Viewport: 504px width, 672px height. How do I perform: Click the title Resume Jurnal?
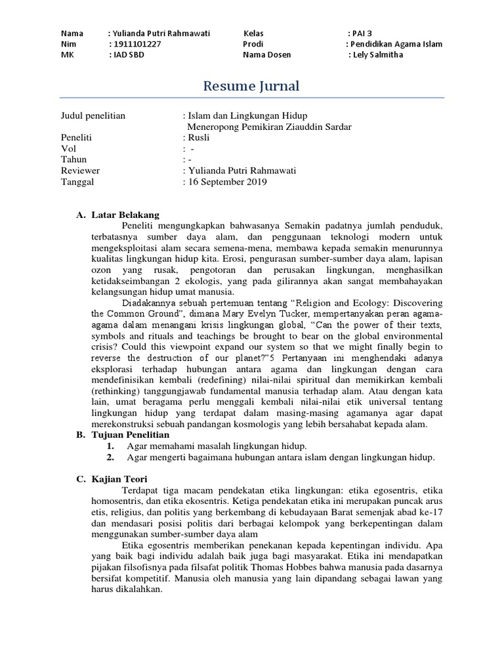[251, 85]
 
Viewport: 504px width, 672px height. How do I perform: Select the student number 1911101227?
[136, 44]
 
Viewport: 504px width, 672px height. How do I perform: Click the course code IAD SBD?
[128, 54]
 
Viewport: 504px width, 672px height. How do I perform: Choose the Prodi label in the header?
[253, 44]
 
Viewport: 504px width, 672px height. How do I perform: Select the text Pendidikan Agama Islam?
[396, 44]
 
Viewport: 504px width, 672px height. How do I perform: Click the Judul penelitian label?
[93, 116]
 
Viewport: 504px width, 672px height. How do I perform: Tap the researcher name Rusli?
[198, 138]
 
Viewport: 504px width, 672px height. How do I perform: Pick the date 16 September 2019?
[227, 182]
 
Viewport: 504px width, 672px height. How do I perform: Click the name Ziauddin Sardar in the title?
[321, 127]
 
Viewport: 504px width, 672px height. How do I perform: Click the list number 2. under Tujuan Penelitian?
[110, 457]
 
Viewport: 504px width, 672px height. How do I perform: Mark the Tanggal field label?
[77, 182]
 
